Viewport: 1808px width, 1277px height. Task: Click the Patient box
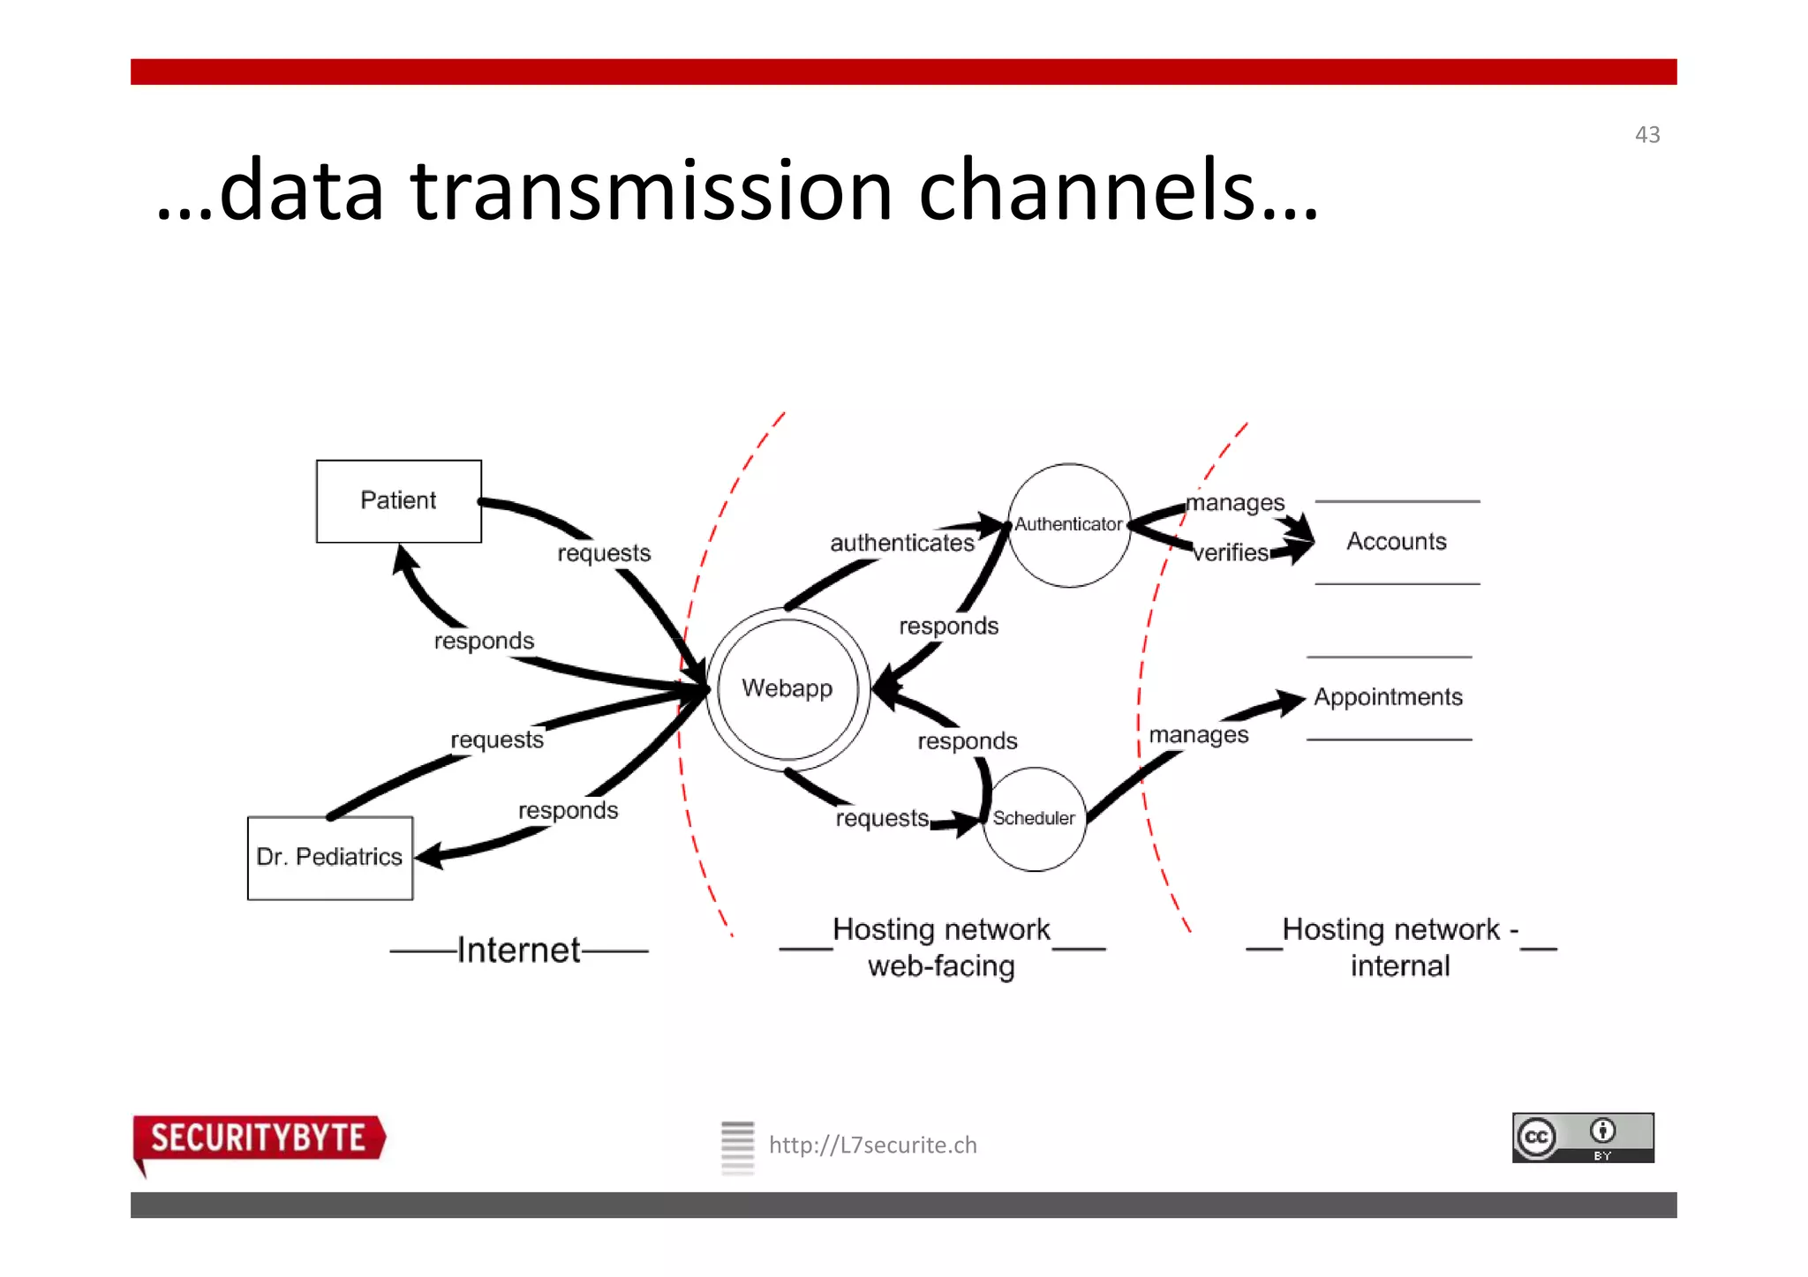pyautogui.click(x=398, y=500)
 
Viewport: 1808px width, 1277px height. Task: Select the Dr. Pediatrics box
pyautogui.click(x=329, y=857)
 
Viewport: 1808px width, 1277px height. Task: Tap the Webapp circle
pyautogui.click(x=787, y=688)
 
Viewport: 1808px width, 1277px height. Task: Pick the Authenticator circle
pyautogui.click(x=1068, y=524)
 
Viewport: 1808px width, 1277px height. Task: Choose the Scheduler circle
pyautogui.click(x=1034, y=818)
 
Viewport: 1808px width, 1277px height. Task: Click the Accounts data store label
pyautogui.click(x=1396, y=541)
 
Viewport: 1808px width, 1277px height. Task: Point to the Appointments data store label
pyautogui.click(x=1388, y=697)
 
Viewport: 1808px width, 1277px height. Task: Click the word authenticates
pyautogui.click(x=901, y=543)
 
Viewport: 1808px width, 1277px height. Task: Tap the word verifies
pyautogui.click(x=1230, y=552)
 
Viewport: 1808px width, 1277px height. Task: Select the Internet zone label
pyautogui.click(x=518, y=950)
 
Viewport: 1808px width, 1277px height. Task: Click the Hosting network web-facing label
pyautogui.click(x=941, y=947)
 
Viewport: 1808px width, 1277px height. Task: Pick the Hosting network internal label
pyautogui.click(x=1400, y=947)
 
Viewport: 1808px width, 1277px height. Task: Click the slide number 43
pyautogui.click(x=1646, y=135)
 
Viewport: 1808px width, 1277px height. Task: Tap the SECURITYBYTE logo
pyautogui.click(x=258, y=1138)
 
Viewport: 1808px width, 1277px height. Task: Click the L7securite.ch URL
pyautogui.click(x=872, y=1145)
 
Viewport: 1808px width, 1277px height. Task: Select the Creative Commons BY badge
pyautogui.click(x=1582, y=1137)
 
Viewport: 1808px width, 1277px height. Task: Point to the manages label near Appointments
pyautogui.click(x=1198, y=734)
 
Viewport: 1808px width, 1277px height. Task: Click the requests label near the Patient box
pyautogui.click(x=604, y=553)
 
